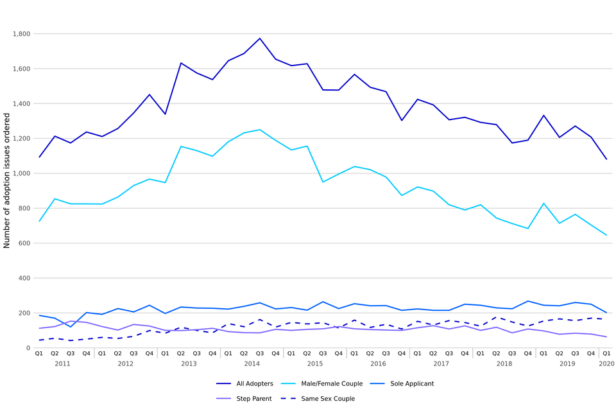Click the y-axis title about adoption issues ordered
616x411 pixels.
coord(7,180)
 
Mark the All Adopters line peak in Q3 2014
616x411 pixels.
coord(260,39)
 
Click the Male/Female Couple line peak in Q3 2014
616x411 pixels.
coord(260,130)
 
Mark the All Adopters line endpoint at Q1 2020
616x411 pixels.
coord(606,159)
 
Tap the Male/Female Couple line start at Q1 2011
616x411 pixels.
coord(39,222)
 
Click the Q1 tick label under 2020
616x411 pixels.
coord(606,353)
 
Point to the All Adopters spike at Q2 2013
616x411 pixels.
coord(181,63)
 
